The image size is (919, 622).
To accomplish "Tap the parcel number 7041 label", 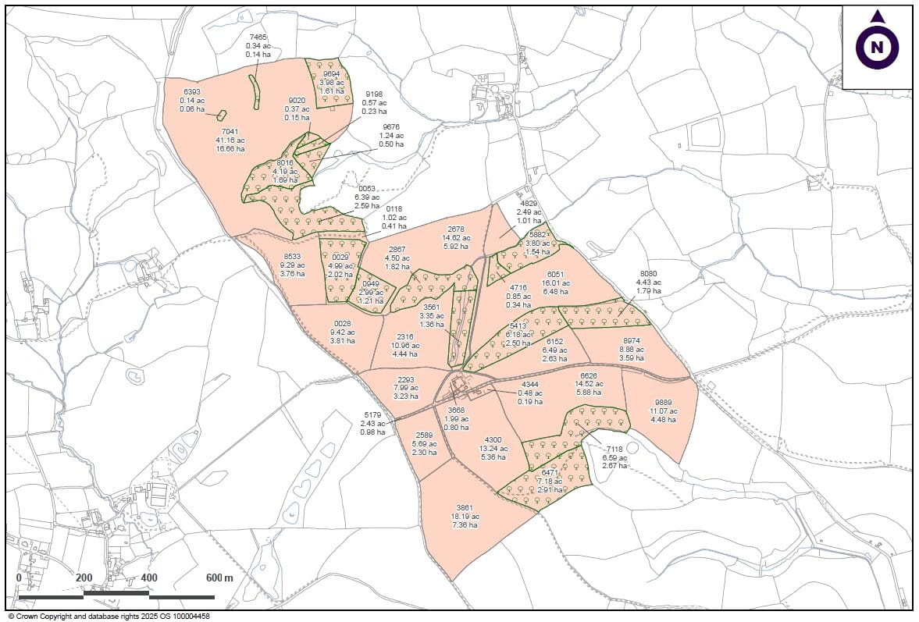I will pyautogui.click(x=230, y=132).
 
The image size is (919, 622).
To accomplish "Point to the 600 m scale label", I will pyautogui.click(x=219, y=578).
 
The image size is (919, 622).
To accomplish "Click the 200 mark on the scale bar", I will pyautogui.click(x=84, y=578).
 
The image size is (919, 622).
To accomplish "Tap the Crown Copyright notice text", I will pyautogui.click(x=109, y=616).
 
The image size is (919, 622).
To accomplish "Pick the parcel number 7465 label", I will pyautogui.click(x=258, y=37).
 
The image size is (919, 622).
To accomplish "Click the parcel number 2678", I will pyautogui.click(x=456, y=229).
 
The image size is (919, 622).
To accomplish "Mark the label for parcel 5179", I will pyautogui.click(x=373, y=415).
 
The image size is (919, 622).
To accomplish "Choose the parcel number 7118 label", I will pyautogui.click(x=614, y=449).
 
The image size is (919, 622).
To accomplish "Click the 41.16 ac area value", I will pyautogui.click(x=230, y=140).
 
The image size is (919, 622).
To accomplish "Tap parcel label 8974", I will pyautogui.click(x=632, y=340).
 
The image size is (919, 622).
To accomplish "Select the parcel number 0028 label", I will pyautogui.click(x=343, y=323).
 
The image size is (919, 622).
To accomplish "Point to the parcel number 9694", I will pyautogui.click(x=332, y=73).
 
